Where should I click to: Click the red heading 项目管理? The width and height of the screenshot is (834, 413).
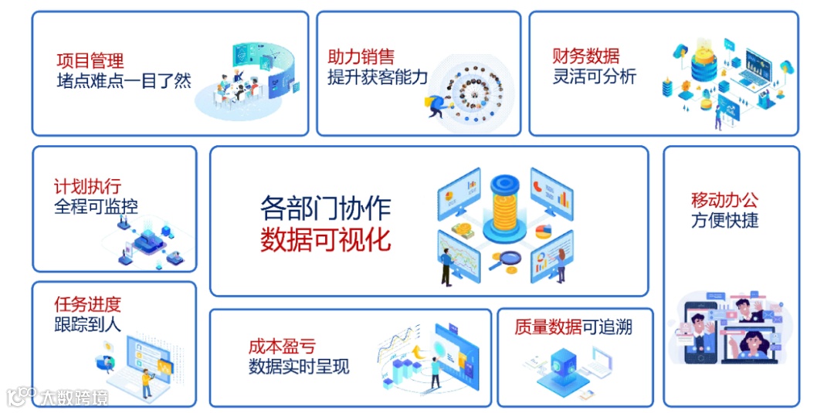pos(90,60)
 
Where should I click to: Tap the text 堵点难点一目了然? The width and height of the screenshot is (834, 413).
pos(124,81)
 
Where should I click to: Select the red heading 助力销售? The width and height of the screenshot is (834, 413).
pos(361,57)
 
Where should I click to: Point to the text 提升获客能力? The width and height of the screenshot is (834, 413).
pos(377,77)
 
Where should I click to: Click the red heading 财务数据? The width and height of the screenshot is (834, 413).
pos(585,56)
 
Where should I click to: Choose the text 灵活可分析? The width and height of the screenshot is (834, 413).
pos(595,76)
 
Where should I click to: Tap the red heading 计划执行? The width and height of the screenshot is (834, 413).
pos(87,187)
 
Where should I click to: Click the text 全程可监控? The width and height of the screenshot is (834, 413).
pos(97,206)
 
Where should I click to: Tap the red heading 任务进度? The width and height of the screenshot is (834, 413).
pos(87,304)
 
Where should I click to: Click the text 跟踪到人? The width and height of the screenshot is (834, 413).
pos(87,324)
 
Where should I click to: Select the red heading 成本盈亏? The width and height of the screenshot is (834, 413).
pos(282,347)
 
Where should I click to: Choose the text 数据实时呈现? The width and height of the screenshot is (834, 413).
pos(299,367)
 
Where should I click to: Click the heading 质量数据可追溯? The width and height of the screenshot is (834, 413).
pos(573,327)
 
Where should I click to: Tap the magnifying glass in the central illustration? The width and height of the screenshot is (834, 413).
pos(508,260)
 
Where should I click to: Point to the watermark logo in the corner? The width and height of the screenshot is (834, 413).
pos(57,398)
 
